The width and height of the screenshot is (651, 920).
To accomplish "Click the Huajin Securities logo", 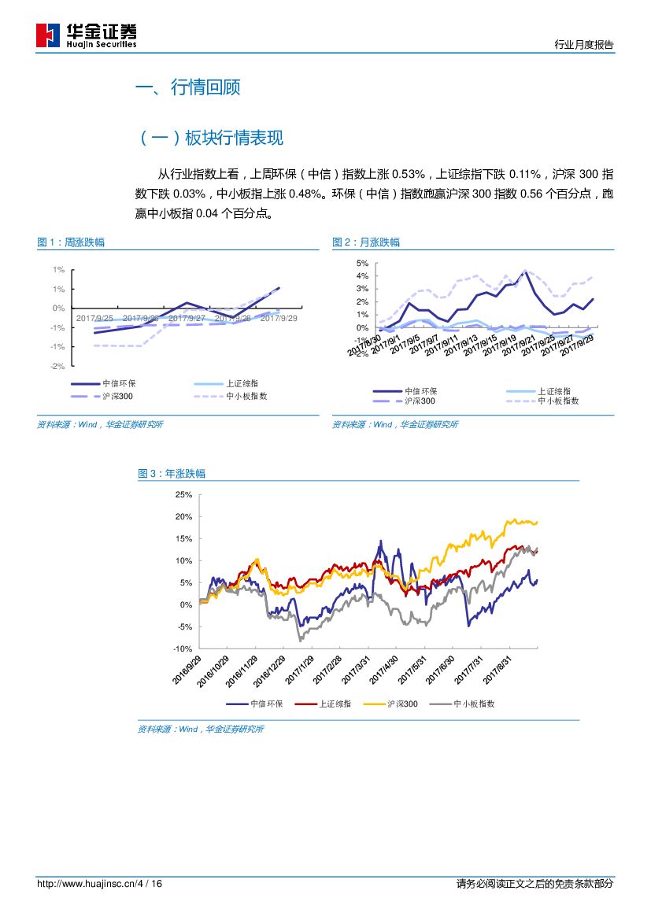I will [87, 35].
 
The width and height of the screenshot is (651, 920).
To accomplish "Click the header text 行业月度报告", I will [583, 45].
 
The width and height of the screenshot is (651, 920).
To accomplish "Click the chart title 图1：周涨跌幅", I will [71, 242].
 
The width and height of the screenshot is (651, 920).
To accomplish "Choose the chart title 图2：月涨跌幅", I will [366, 242].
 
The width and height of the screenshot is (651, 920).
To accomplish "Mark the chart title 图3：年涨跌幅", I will [172, 474].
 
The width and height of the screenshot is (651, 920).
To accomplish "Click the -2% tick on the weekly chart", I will [57, 366].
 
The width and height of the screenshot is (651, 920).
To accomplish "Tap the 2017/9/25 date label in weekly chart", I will [94, 318].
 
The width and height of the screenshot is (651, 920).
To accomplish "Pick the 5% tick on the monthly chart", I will [362, 263].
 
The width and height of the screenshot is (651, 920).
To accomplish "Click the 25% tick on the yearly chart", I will [183, 494].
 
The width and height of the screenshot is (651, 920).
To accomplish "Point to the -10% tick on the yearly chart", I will [183, 648].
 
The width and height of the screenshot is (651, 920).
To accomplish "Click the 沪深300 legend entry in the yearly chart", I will [401, 704].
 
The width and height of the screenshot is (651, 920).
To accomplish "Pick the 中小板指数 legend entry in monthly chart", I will [558, 401].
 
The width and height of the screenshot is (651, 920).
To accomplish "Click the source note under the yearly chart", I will [201, 730].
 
